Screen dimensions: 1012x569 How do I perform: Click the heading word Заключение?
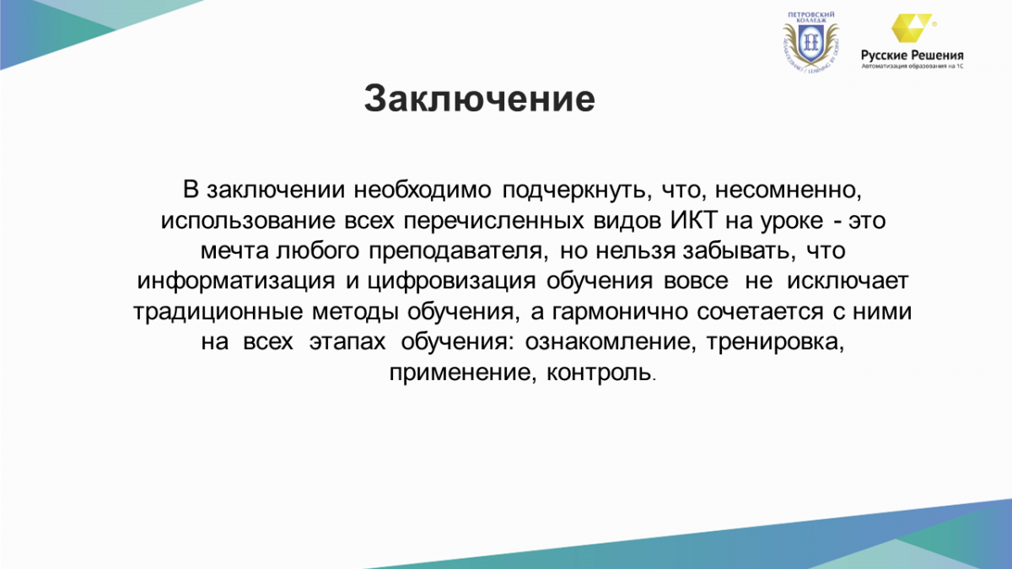480,99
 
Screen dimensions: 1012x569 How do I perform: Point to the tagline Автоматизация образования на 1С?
912,67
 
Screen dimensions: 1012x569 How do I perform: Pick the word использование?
248,221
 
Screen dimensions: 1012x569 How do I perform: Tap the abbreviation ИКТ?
693,220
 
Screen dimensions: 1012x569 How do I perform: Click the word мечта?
234,251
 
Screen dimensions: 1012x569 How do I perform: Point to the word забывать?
739,251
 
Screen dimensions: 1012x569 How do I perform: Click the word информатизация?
236,282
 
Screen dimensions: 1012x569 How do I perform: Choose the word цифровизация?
451,282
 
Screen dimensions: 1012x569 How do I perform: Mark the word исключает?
848,282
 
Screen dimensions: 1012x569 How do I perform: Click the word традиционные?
218,312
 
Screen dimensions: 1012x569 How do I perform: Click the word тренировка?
775,342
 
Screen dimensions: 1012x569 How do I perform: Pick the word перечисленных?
494,221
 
